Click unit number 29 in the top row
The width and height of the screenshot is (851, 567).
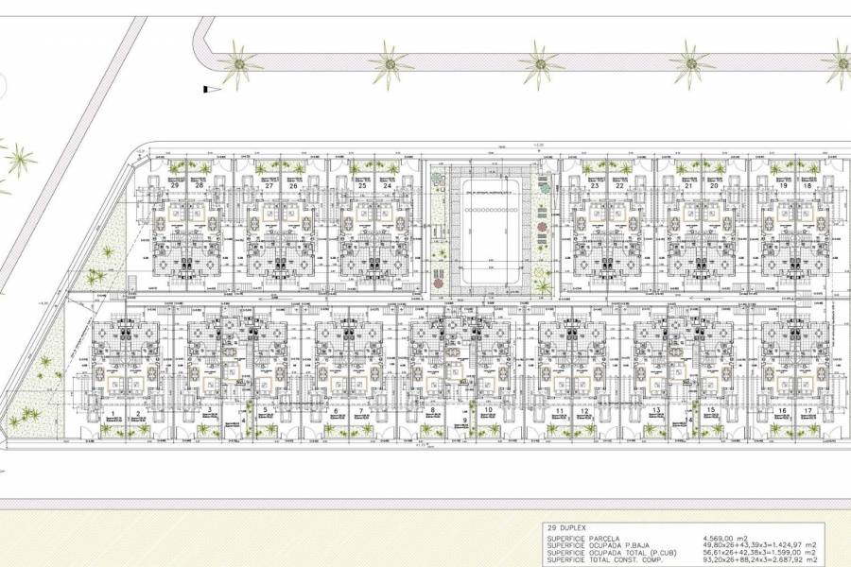[176, 186]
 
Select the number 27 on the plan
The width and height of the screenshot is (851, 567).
[269, 186]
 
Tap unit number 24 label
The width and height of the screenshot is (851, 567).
[388, 186]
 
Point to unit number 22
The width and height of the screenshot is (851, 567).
[619, 186]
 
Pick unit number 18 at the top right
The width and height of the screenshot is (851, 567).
[807, 186]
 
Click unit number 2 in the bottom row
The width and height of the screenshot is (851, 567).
[139, 413]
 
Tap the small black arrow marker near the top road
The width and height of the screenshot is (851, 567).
[205, 88]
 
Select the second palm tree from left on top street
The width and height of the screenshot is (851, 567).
[390, 63]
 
